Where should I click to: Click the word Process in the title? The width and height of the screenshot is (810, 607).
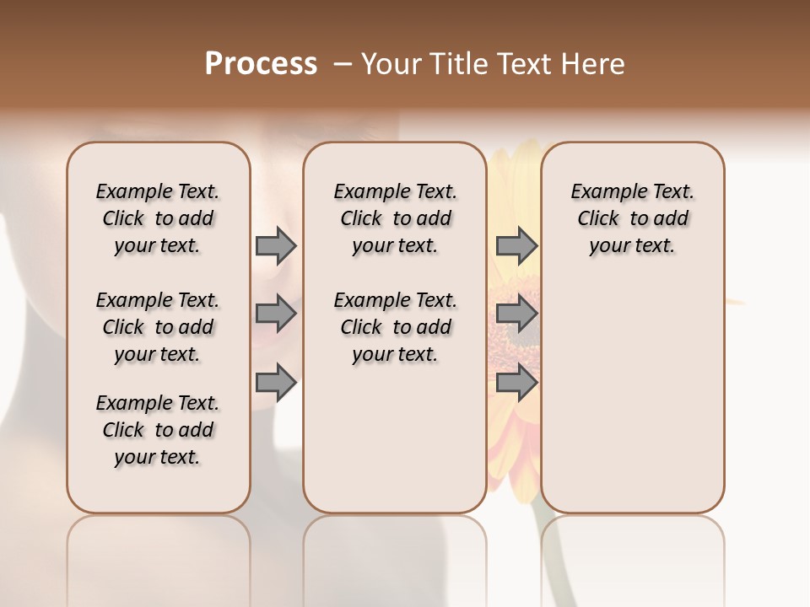(x=261, y=64)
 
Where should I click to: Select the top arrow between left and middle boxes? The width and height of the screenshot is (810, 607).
(x=276, y=245)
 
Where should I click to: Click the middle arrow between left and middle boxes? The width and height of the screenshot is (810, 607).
(x=276, y=314)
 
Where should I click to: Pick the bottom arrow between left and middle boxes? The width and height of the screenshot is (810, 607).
(x=276, y=383)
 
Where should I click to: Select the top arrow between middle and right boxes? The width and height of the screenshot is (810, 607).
(x=516, y=245)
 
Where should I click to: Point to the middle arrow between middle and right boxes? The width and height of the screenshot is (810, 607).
(x=516, y=314)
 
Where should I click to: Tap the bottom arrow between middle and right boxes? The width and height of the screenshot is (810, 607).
(x=516, y=383)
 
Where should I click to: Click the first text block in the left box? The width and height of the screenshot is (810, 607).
(x=158, y=218)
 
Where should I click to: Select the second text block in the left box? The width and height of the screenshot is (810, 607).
(x=158, y=327)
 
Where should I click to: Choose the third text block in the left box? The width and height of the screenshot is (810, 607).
(x=158, y=430)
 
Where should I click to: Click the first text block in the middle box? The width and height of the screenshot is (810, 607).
(x=395, y=218)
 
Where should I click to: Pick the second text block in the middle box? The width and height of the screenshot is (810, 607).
(x=395, y=327)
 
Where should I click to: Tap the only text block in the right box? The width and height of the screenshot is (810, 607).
(x=632, y=218)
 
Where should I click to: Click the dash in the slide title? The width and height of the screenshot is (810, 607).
(x=343, y=64)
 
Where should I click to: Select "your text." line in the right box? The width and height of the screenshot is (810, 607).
(x=632, y=246)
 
